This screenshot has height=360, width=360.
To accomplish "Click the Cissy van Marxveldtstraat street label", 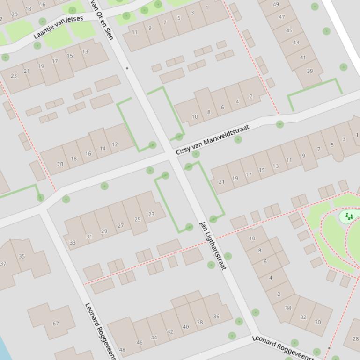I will point(213,139).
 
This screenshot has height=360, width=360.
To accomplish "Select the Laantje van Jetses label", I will point(58,27).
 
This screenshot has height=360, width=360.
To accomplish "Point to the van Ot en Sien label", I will point(102,20).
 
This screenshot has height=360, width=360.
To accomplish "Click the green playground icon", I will point(349,216).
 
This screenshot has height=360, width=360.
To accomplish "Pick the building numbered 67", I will point(56,323).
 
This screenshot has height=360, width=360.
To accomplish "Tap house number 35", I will point(22,256).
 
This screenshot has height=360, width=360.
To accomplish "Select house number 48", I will point(122,349).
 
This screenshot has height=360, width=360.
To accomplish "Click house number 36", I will point(216,316).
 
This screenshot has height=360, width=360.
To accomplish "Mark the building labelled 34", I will point(288,308).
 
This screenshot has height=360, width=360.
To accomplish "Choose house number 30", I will point(318,322).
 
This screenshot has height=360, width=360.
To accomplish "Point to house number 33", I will point(73,242).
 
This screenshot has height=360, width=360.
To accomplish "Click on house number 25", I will point(137,219).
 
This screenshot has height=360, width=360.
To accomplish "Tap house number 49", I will point(276,5).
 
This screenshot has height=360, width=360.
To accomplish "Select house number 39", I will point(309,71).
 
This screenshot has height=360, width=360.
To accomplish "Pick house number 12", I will point(115,144).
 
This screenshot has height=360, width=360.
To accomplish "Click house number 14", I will point(102,149).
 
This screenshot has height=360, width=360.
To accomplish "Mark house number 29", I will point(104,231).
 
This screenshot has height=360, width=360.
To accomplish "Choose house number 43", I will point(296,42).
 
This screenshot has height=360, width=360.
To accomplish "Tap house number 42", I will point(170,331).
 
